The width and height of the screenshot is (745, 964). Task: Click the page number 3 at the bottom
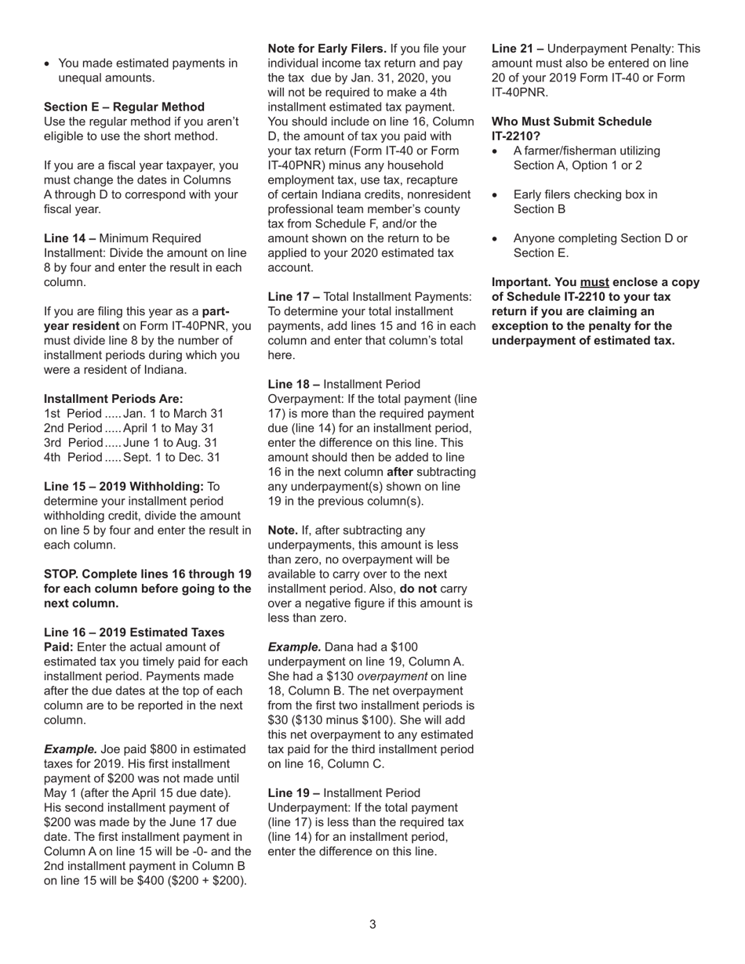(x=372, y=924)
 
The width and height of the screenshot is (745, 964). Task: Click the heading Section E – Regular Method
(x=124, y=107)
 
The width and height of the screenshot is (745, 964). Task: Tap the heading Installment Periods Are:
(x=113, y=399)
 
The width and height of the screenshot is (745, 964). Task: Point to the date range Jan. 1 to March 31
(x=173, y=413)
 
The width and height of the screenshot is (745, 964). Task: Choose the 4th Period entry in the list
(x=72, y=457)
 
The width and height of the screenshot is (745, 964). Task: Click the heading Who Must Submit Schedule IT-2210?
(x=571, y=129)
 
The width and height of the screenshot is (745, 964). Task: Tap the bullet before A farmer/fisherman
(x=496, y=151)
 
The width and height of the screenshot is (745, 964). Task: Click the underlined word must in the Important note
(x=593, y=282)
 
